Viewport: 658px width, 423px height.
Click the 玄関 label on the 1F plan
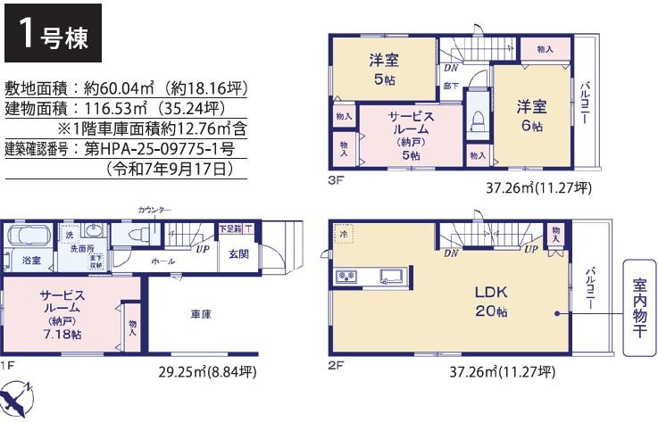(x=237, y=254)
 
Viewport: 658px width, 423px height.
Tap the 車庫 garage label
(x=200, y=313)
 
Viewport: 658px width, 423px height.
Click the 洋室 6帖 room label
(x=531, y=116)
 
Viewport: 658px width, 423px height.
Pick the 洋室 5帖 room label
(x=385, y=69)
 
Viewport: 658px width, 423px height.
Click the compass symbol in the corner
(x=21, y=398)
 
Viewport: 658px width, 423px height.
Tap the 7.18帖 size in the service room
(x=62, y=334)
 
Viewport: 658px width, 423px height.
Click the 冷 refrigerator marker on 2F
(x=344, y=234)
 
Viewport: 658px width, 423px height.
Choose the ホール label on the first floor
(x=163, y=261)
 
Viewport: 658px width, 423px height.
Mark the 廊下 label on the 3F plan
(x=451, y=86)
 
